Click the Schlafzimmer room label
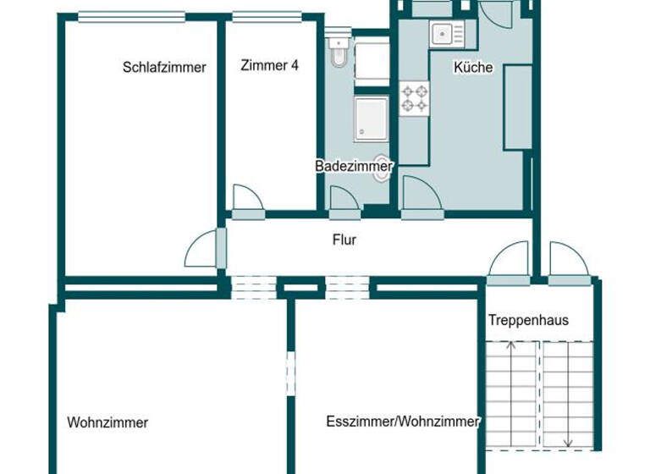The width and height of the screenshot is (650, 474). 164,68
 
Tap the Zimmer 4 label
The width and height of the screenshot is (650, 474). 269,65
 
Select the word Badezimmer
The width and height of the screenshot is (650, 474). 353,167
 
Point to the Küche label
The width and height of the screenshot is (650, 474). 473,68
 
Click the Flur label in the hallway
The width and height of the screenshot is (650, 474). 344,240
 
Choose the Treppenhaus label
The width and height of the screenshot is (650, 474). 528,321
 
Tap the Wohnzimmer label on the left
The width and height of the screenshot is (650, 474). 107,422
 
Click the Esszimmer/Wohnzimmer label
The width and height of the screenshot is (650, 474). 403,422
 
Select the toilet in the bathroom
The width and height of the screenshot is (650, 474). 339,52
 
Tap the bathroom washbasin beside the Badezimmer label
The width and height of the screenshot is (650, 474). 383,168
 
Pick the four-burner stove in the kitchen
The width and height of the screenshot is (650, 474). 415,97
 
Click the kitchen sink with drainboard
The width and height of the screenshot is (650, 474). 446,35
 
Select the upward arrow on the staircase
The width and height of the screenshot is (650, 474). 510,389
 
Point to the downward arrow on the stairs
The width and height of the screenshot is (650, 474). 568,398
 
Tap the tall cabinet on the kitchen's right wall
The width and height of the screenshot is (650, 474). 517,107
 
